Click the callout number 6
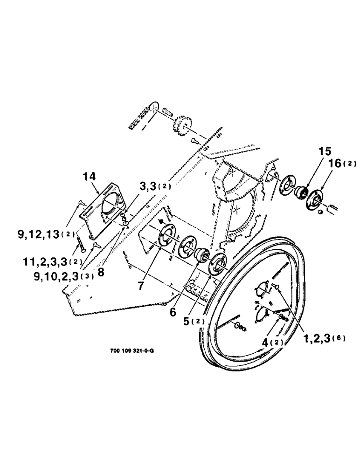point(173,312)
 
